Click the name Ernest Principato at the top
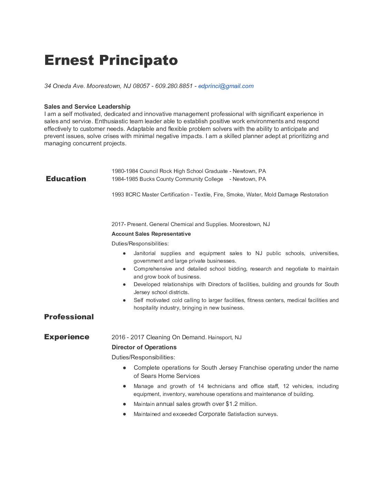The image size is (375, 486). coord(111,60)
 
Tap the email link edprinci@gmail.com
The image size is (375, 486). coord(226,86)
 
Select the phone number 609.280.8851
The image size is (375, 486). coord(174,86)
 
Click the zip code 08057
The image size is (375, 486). coord(141,86)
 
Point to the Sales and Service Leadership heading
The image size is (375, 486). coord(87,107)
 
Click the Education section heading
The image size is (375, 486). coord(66,179)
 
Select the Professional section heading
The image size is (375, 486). coord(69,317)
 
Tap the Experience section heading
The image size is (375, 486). coord(67,337)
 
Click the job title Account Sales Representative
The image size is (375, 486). coord(151,234)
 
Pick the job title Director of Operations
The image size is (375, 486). coord(144,347)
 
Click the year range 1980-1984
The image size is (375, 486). coord(125,171)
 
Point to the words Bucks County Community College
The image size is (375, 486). coord(181,179)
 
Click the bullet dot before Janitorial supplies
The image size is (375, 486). coord(124,253)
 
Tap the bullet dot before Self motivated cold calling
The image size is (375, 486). coord(124,300)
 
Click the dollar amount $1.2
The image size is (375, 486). coord(232,404)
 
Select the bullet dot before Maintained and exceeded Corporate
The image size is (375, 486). coord(124,414)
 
